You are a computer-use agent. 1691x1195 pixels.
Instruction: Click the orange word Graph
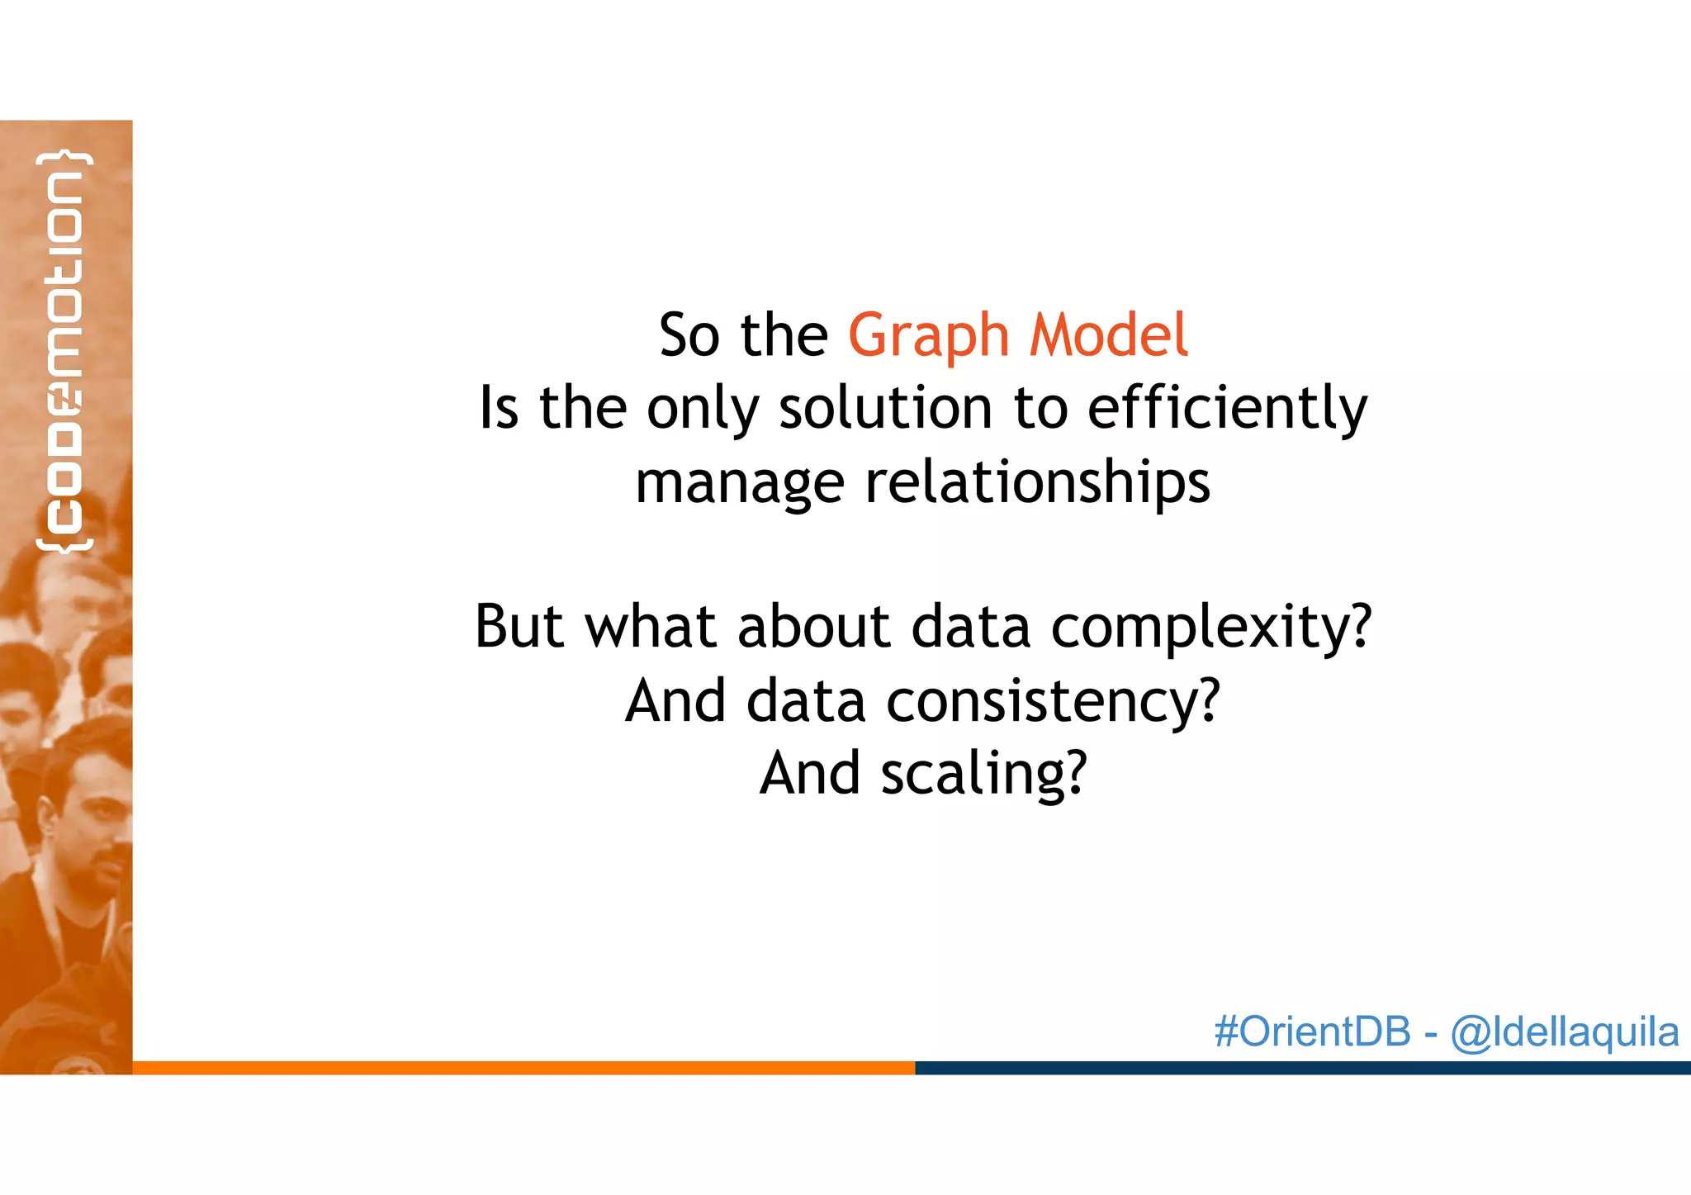(928, 337)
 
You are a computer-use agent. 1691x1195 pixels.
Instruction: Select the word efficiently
(1227, 408)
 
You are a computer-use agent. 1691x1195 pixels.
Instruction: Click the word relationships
(1037, 482)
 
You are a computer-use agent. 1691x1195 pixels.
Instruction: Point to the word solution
(887, 408)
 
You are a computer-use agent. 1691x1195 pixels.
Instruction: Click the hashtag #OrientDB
(1312, 1032)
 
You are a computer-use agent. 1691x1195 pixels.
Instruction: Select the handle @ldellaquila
(1565, 1032)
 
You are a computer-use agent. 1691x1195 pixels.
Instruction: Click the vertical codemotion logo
(64, 351)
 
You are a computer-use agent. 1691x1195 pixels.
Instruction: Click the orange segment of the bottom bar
(523, 1068)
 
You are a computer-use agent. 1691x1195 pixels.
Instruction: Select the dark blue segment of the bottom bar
(1302, 1068)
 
